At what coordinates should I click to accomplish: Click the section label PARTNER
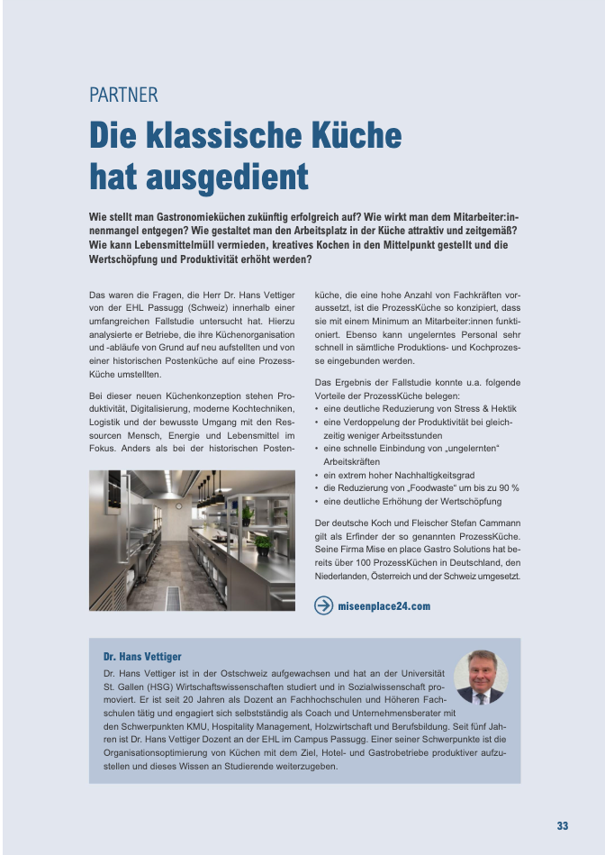[123, 95]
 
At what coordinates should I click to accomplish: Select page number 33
[562, 825]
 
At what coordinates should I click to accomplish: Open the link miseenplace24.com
[384, 606]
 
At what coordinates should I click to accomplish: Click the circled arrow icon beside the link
[323, 605]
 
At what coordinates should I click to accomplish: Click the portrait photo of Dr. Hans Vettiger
[480, 677]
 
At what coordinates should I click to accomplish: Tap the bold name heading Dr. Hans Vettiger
[142, 657]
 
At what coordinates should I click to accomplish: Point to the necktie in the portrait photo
[480, 696]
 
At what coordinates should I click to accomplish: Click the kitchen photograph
[192, 533]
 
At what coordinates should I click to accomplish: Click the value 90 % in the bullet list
[504, 487]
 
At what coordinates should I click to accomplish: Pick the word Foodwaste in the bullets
[429, 487]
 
